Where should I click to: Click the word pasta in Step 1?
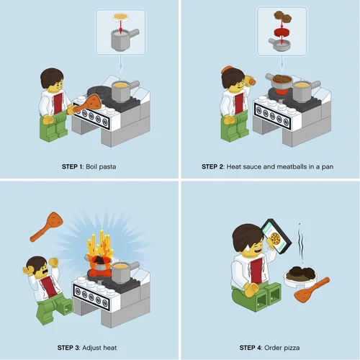click(x=107, y=167)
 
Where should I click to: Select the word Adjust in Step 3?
click(x=91, y=348)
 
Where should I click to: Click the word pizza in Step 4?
click(x=291, y=348)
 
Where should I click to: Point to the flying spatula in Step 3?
click(x=47, y=226)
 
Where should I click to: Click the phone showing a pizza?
click(x=276, y=236)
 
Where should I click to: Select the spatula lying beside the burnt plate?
click(x=312, y=290)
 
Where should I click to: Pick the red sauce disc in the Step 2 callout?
click(x=282, y=32)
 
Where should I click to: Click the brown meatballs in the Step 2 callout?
click(x=283, y=17)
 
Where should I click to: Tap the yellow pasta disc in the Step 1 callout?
click(x=121, y=17)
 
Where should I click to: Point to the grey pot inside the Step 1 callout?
click(x=124, y=40)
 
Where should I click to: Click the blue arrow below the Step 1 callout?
click(x=121, y=65)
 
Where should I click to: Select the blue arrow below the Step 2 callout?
click(x=282, y=64)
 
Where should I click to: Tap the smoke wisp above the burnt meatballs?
click(x=301, y=243)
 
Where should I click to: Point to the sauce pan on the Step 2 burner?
click(x=280, y=81)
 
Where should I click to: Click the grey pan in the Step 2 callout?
click(x=280, y=45)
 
